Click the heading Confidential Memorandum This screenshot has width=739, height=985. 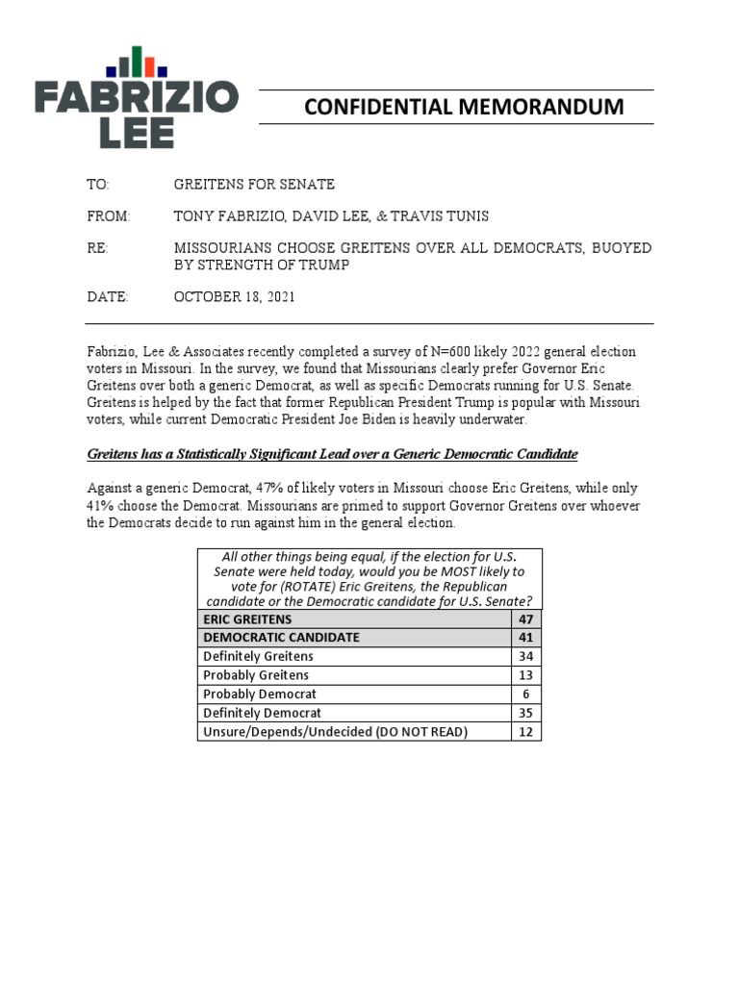(464, 107)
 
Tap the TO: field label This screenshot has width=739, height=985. (99, 184)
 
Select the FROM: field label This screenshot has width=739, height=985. (108, 216)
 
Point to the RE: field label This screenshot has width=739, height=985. (99, 248)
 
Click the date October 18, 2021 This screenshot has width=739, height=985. (235, 297)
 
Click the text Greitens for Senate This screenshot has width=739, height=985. (254, 184)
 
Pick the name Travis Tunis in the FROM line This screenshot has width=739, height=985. (445, 216)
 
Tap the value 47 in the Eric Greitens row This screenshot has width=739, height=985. (525, 619)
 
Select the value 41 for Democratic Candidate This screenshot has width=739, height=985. (525, 637)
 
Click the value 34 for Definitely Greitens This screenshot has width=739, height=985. (525, 656)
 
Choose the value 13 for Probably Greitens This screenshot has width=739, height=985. (525, 675)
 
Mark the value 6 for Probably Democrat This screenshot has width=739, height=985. (525, 694)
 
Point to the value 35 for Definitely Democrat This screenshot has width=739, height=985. (525, 713)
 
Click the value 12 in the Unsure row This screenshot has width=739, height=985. (525, 732)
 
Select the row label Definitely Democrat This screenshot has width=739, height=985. (263, 713)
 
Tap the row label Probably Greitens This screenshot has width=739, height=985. (256, 675)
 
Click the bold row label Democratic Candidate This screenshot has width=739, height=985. (282, 637)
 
